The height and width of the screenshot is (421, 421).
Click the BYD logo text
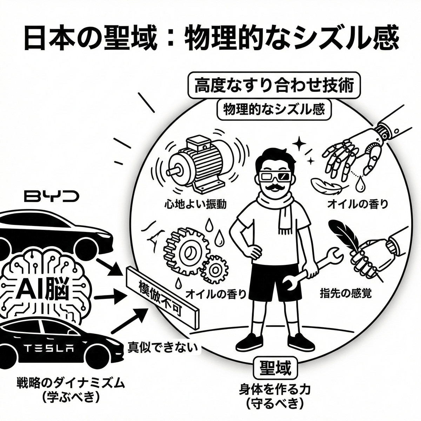[x=52, y=196]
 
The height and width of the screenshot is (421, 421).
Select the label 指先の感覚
[x=341, y=293]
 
